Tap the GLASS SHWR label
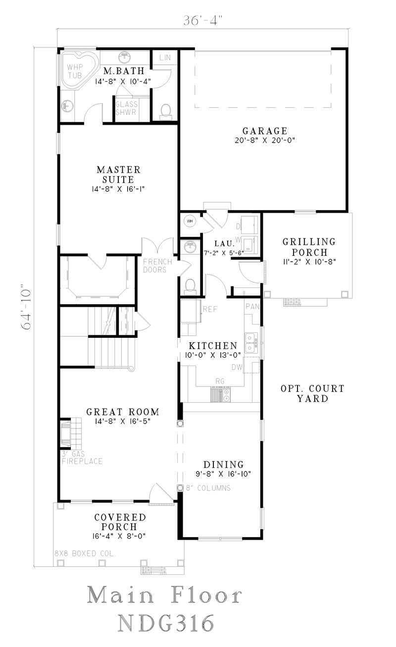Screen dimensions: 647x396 (x=126, y=108)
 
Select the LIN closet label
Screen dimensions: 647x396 (x=165, y=58)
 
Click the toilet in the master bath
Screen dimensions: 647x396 (x=166, y=111)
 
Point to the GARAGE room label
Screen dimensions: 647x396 (x=265, y=131)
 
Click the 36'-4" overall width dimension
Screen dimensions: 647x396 (x=203, y=21)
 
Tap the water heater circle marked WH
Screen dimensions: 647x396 (x=189, y=221)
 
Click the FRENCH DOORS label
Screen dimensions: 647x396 (x=158, y=266)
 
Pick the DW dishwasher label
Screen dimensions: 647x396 (x=237, y=367)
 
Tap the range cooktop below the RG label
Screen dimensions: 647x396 (x=220, y=394)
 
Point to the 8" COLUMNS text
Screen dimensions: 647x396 (x=208, y=488)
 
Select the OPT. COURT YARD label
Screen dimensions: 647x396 (x=312, y=393)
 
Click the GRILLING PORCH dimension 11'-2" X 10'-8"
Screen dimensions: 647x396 (x=309, y=262)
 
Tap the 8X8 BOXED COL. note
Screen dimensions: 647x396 (x=84, y=554)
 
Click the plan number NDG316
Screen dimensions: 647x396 (x=166, y=622)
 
